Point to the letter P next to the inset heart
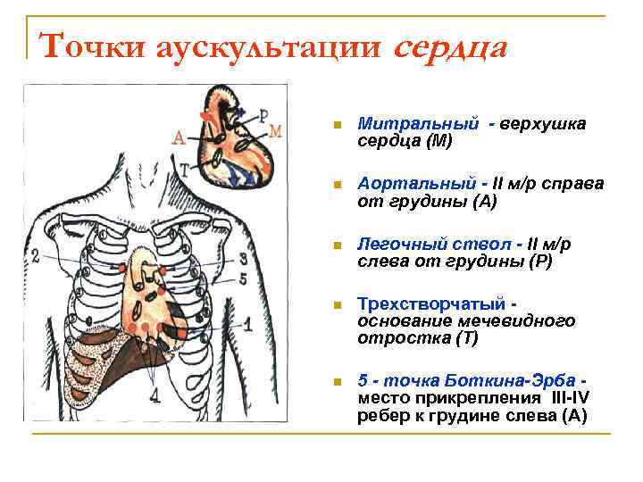[263, 113]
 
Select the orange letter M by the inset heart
[275, 131]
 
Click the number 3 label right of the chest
[243, 259]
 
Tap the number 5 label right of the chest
[243, 278]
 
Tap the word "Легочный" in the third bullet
[396, 244]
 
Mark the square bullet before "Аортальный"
[335, 185]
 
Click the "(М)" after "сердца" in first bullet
[438, 141]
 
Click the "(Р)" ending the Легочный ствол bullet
[539, 262]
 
